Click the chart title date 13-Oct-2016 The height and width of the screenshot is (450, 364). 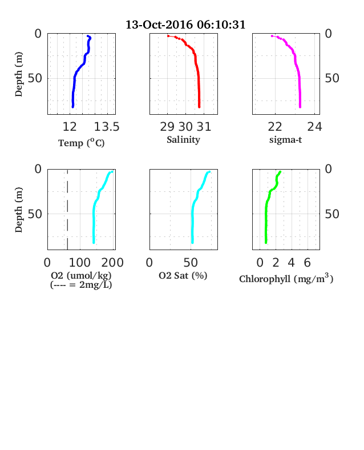(159, 25)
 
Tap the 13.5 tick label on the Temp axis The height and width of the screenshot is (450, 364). (107, 127)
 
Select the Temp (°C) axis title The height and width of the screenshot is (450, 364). (82, 143)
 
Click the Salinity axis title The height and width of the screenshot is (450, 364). (184, 140)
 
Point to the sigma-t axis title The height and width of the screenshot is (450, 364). (285, 140)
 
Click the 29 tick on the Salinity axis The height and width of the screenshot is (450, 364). (167, 127)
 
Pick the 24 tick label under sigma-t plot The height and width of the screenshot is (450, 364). (315, 127)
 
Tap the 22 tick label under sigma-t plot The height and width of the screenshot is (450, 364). (275, 127)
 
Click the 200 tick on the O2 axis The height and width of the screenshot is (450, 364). (112, 263)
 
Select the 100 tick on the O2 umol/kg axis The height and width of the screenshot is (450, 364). (80, 263)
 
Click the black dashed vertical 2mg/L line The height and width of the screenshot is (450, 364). (67, 210)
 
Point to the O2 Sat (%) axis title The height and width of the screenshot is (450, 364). (183, 275)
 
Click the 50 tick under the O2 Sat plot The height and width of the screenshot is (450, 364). (191, 263)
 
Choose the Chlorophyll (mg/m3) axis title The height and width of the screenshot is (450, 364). (286, 279)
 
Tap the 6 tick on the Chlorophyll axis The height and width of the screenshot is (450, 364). (308, 263)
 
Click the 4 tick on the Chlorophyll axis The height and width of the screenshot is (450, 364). (292, 263)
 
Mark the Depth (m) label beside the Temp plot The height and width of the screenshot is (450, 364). (18, 74)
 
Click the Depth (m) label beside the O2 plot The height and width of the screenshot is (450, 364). (18, 210)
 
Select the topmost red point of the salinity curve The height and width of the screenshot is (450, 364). (168, 36)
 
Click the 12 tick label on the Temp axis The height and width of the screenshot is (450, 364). (70, 127)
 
